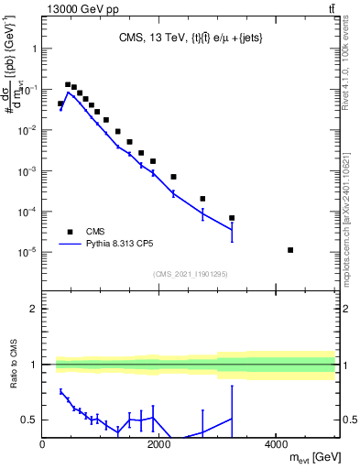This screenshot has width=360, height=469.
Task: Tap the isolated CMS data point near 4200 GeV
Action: tap(290, 250)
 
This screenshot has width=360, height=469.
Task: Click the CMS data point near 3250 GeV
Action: tap(232, 218)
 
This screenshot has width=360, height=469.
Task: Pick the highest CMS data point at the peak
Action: tap(68, 84)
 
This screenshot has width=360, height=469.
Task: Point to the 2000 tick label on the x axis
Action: tap(159, 444)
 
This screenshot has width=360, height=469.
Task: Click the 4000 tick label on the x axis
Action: tap(276, 444)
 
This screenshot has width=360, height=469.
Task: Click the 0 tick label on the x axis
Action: tap(43, 444)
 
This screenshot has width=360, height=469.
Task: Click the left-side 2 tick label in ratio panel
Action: tap(33, 310)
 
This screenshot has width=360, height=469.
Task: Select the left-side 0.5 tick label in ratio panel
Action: tap(29, 420)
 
